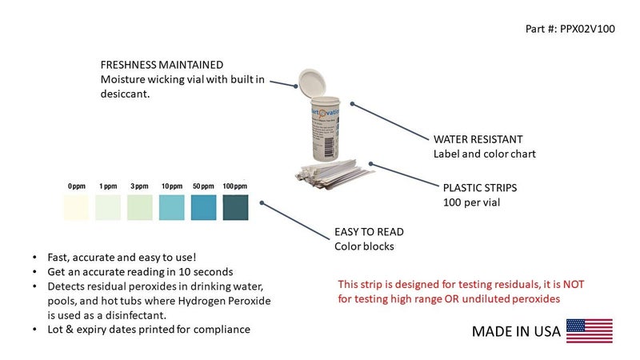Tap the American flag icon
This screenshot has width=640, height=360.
pyautogui.click(x=589, y=330)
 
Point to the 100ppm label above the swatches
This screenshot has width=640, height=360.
pyautogui.click(x=235, y=186)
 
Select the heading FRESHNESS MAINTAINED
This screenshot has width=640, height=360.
pyautogui.click(x=162, y=65)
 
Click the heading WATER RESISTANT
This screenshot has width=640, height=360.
pyautogui.click(x=478, y=138)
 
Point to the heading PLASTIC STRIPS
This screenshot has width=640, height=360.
pyautogui.click(x=480, y=188)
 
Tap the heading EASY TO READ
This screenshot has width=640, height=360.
pyautogui.click(x=369, y=232)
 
